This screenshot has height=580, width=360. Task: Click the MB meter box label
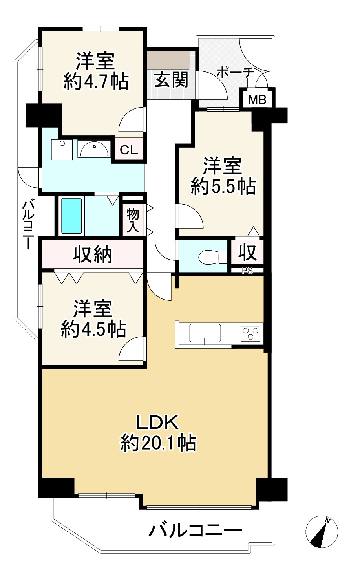(257, 99)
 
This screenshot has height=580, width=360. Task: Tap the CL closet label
(129, 150)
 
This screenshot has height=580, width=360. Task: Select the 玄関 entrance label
(171, 80)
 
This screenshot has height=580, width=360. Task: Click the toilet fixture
(213, 256)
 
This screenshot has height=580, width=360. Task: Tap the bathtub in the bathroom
(71, 216)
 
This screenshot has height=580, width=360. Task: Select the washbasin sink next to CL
(95, 149)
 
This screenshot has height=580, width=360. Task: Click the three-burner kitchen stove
(250, 333)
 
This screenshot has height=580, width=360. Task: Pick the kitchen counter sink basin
(205, 333)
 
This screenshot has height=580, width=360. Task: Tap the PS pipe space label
(247, 271)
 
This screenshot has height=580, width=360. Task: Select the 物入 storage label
(133, 221)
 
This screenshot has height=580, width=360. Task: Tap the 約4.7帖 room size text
(96, 81)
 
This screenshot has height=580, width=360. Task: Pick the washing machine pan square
(62, 150)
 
